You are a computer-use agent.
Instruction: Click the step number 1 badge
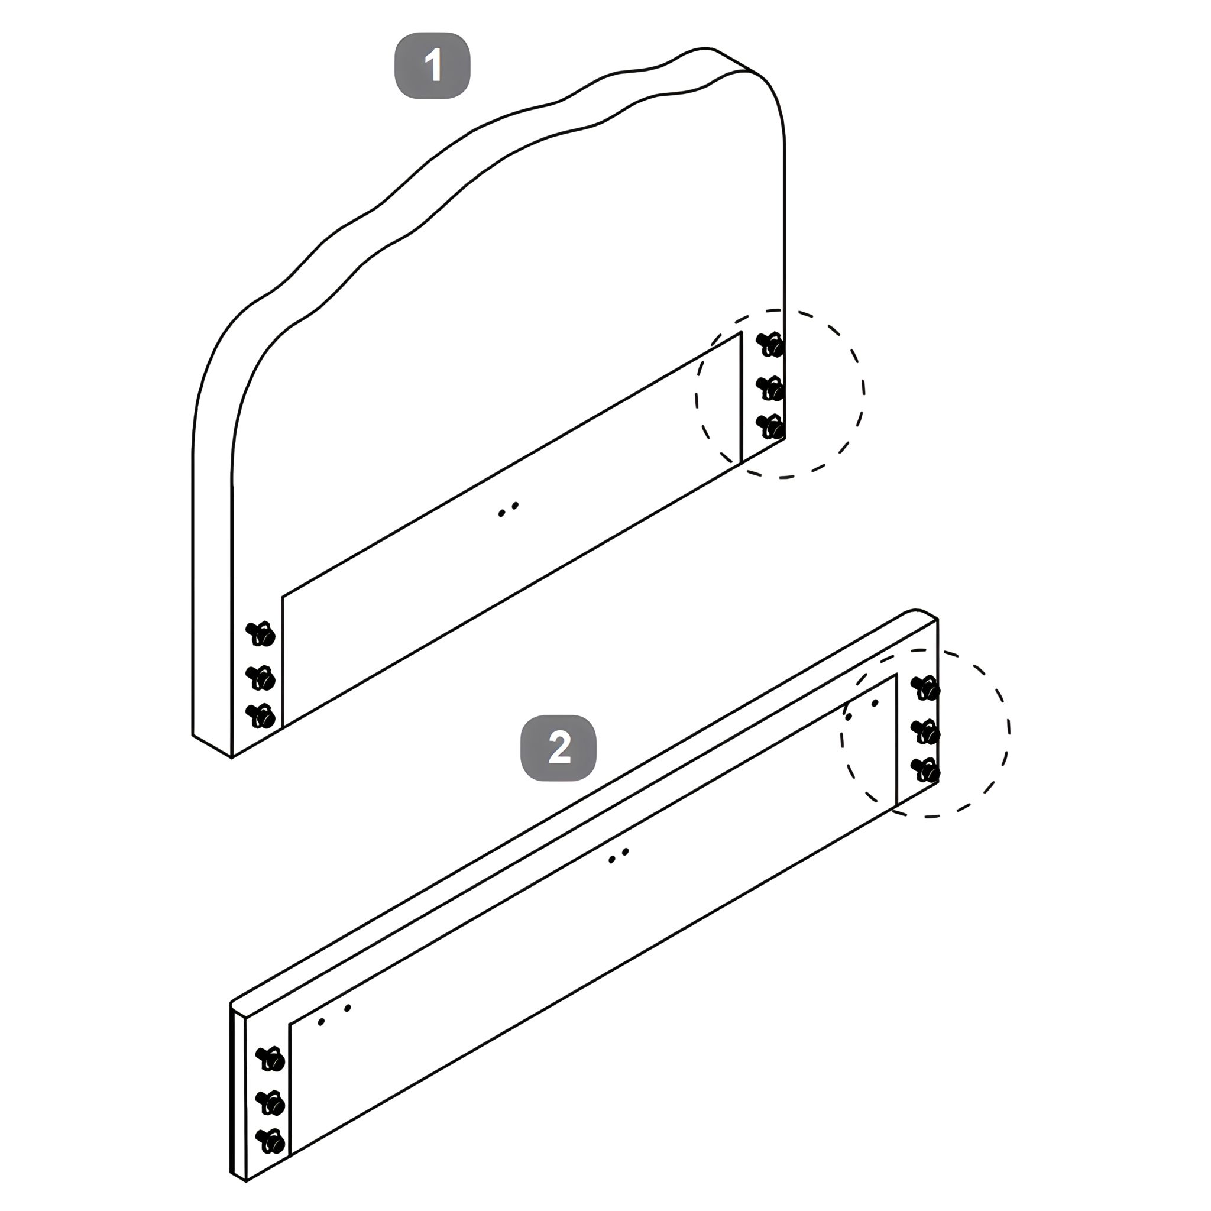pyautogui.click(x=432, y=65)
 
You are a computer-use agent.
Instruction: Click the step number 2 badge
pyautogui.click(x=558, y=748)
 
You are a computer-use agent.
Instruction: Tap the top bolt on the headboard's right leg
pyautogui.click(x=770, y=345)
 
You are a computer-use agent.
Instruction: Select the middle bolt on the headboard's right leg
pyautogui.click(x=770, y=388)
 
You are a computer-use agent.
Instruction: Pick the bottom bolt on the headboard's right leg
pyautogui.click(x=770, y=427)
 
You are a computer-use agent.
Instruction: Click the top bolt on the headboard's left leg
pyautogui.click(x=261, y=634)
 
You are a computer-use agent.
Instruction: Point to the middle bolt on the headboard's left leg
pyautogui.click(x=261, y=677)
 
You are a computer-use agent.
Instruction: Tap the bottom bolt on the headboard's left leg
pyautogui.click(x=261, y=716)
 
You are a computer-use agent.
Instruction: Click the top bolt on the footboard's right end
pyautogui.click(x=925, y=688)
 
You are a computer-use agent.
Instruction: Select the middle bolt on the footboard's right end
pyautogui.click(x=925, y=731)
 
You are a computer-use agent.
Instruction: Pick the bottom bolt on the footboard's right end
pyautogui.click(x=925, y=770)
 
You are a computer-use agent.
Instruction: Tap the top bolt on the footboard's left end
pyautogui.click(x=271, y=1058)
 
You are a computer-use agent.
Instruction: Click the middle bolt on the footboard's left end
pyautogui.click(x=271, y=1103)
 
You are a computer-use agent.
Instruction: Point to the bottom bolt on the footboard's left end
pyautogui.click(x=271, y=1141)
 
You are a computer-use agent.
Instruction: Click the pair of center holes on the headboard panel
pyautogui.click(x=509, y=510)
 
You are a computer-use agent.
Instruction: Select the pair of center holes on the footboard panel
pyautogui.click(x=619, y=856)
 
